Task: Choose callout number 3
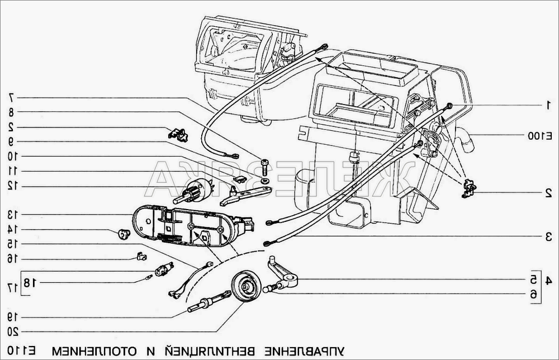click(548, 237)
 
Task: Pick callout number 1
click(548, 105)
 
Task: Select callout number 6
click(534, 293)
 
